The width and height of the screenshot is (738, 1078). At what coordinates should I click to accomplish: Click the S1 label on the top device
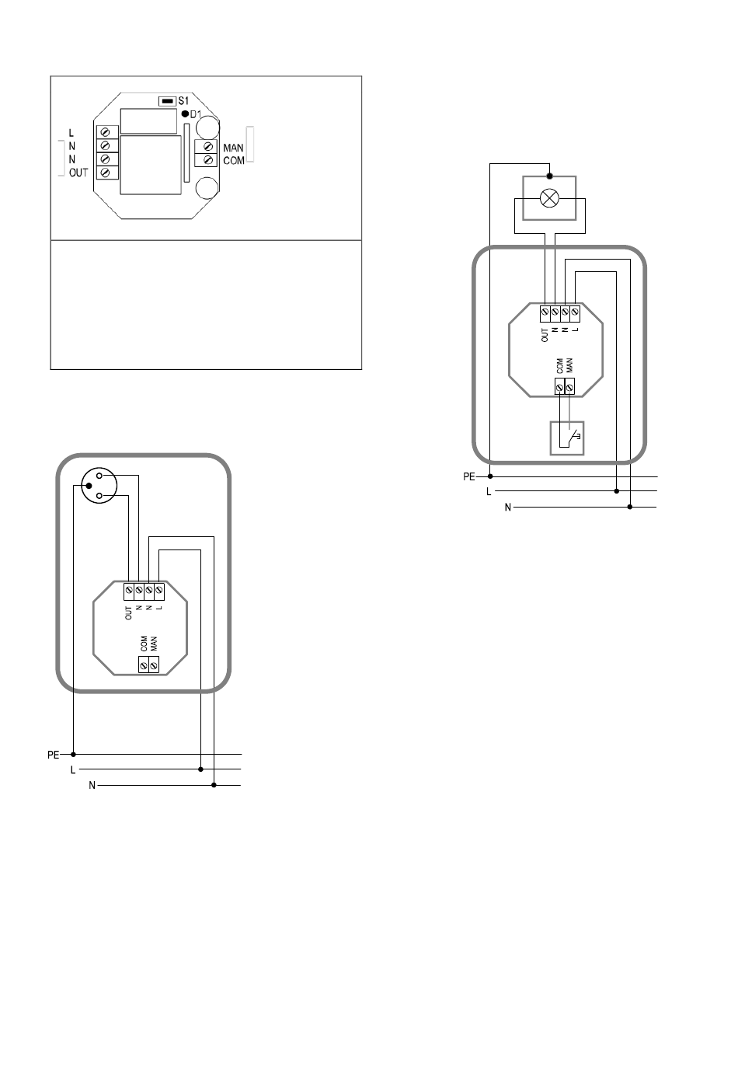point(183,101)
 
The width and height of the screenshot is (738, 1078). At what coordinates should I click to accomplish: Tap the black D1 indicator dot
point(185,114)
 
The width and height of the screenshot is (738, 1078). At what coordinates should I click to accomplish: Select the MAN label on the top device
point(233,148)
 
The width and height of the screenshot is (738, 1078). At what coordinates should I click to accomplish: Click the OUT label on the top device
point(78,173)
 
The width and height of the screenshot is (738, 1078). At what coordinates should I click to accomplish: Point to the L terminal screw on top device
point(106,132)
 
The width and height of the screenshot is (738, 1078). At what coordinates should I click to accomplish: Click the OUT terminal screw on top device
point(106,173)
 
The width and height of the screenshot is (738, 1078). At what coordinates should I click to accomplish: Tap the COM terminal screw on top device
point(208,159)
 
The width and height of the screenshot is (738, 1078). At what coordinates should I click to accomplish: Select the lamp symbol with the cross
point(549,198)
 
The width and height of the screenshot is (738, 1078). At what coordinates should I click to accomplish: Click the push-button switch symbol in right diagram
point(567,438)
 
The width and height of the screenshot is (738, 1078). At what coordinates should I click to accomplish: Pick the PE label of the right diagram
point(469,476)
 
